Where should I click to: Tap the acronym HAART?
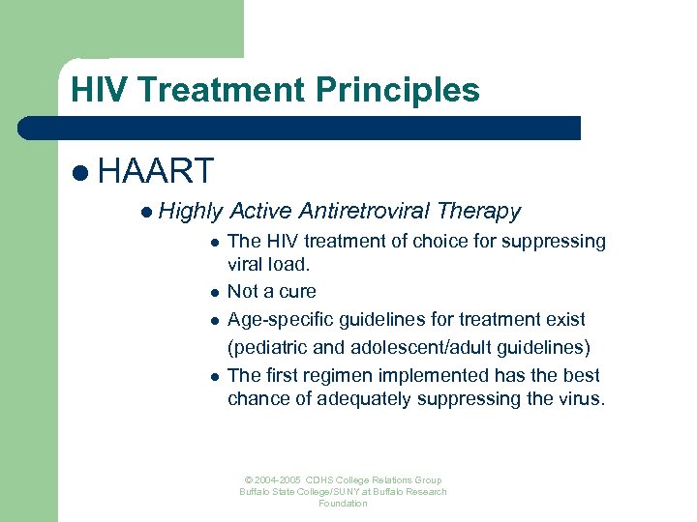[156, 171]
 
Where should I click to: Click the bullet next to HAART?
[79, 172]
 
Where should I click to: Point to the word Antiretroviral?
[365, 211]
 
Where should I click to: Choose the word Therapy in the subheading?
[479, 211]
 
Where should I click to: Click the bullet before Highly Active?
[145, 212]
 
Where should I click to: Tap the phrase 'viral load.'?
[268, 264]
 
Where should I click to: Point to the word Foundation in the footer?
[343, 504]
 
